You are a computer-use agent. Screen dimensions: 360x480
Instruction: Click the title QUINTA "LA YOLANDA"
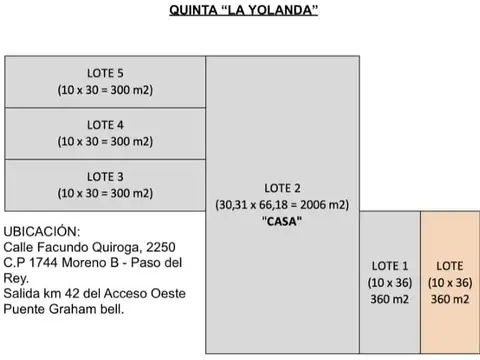[x=240, y=13]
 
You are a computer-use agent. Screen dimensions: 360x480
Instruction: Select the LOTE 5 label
[x=105, y=72]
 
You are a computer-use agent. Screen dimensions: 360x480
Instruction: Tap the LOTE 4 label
[x=105, y=125]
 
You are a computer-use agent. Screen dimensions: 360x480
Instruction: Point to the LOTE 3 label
[x=105, y=177]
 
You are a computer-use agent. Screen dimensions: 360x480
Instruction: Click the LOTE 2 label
[x=282, y=188]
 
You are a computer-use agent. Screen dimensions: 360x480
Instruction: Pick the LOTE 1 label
[x=389, y=266]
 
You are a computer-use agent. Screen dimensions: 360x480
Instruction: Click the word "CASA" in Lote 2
[x=282, y=221]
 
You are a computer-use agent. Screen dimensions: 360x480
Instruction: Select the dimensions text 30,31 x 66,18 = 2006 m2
[x=282, y=205]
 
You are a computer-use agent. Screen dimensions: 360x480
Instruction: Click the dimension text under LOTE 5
[x=105, y=89]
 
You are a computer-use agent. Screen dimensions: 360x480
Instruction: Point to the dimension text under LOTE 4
[x=105, y=141]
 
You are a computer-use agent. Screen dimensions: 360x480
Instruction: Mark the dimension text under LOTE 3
[x=105, y=193]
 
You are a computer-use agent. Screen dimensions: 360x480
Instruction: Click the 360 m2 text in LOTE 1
[x=389, y=299]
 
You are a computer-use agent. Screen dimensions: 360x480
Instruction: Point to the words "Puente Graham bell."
[x=69, y=309]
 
